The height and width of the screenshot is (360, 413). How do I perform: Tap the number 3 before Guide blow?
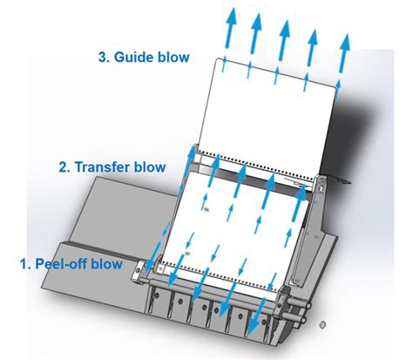[x=102, y=57]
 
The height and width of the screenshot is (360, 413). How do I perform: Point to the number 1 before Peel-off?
[x=24, y=264]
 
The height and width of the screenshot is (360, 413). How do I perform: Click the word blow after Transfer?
[x=150, y=167]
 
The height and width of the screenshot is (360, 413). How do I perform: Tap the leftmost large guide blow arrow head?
[x=232, y=17]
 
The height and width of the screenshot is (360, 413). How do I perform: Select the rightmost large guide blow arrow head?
[x=344, y=44]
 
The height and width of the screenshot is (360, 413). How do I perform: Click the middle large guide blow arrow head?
[x=284, y=30]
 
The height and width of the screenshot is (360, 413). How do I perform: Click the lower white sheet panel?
[x=235, y=229]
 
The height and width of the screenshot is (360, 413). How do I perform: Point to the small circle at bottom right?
[x=322, y=324]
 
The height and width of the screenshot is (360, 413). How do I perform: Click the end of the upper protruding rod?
[x=308, y=306]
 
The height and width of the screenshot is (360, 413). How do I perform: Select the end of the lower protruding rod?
[x=303, y=320]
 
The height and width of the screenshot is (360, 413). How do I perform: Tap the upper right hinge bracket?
[x=321, y=186]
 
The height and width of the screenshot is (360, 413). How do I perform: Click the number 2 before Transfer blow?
[x=63, y=167]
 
